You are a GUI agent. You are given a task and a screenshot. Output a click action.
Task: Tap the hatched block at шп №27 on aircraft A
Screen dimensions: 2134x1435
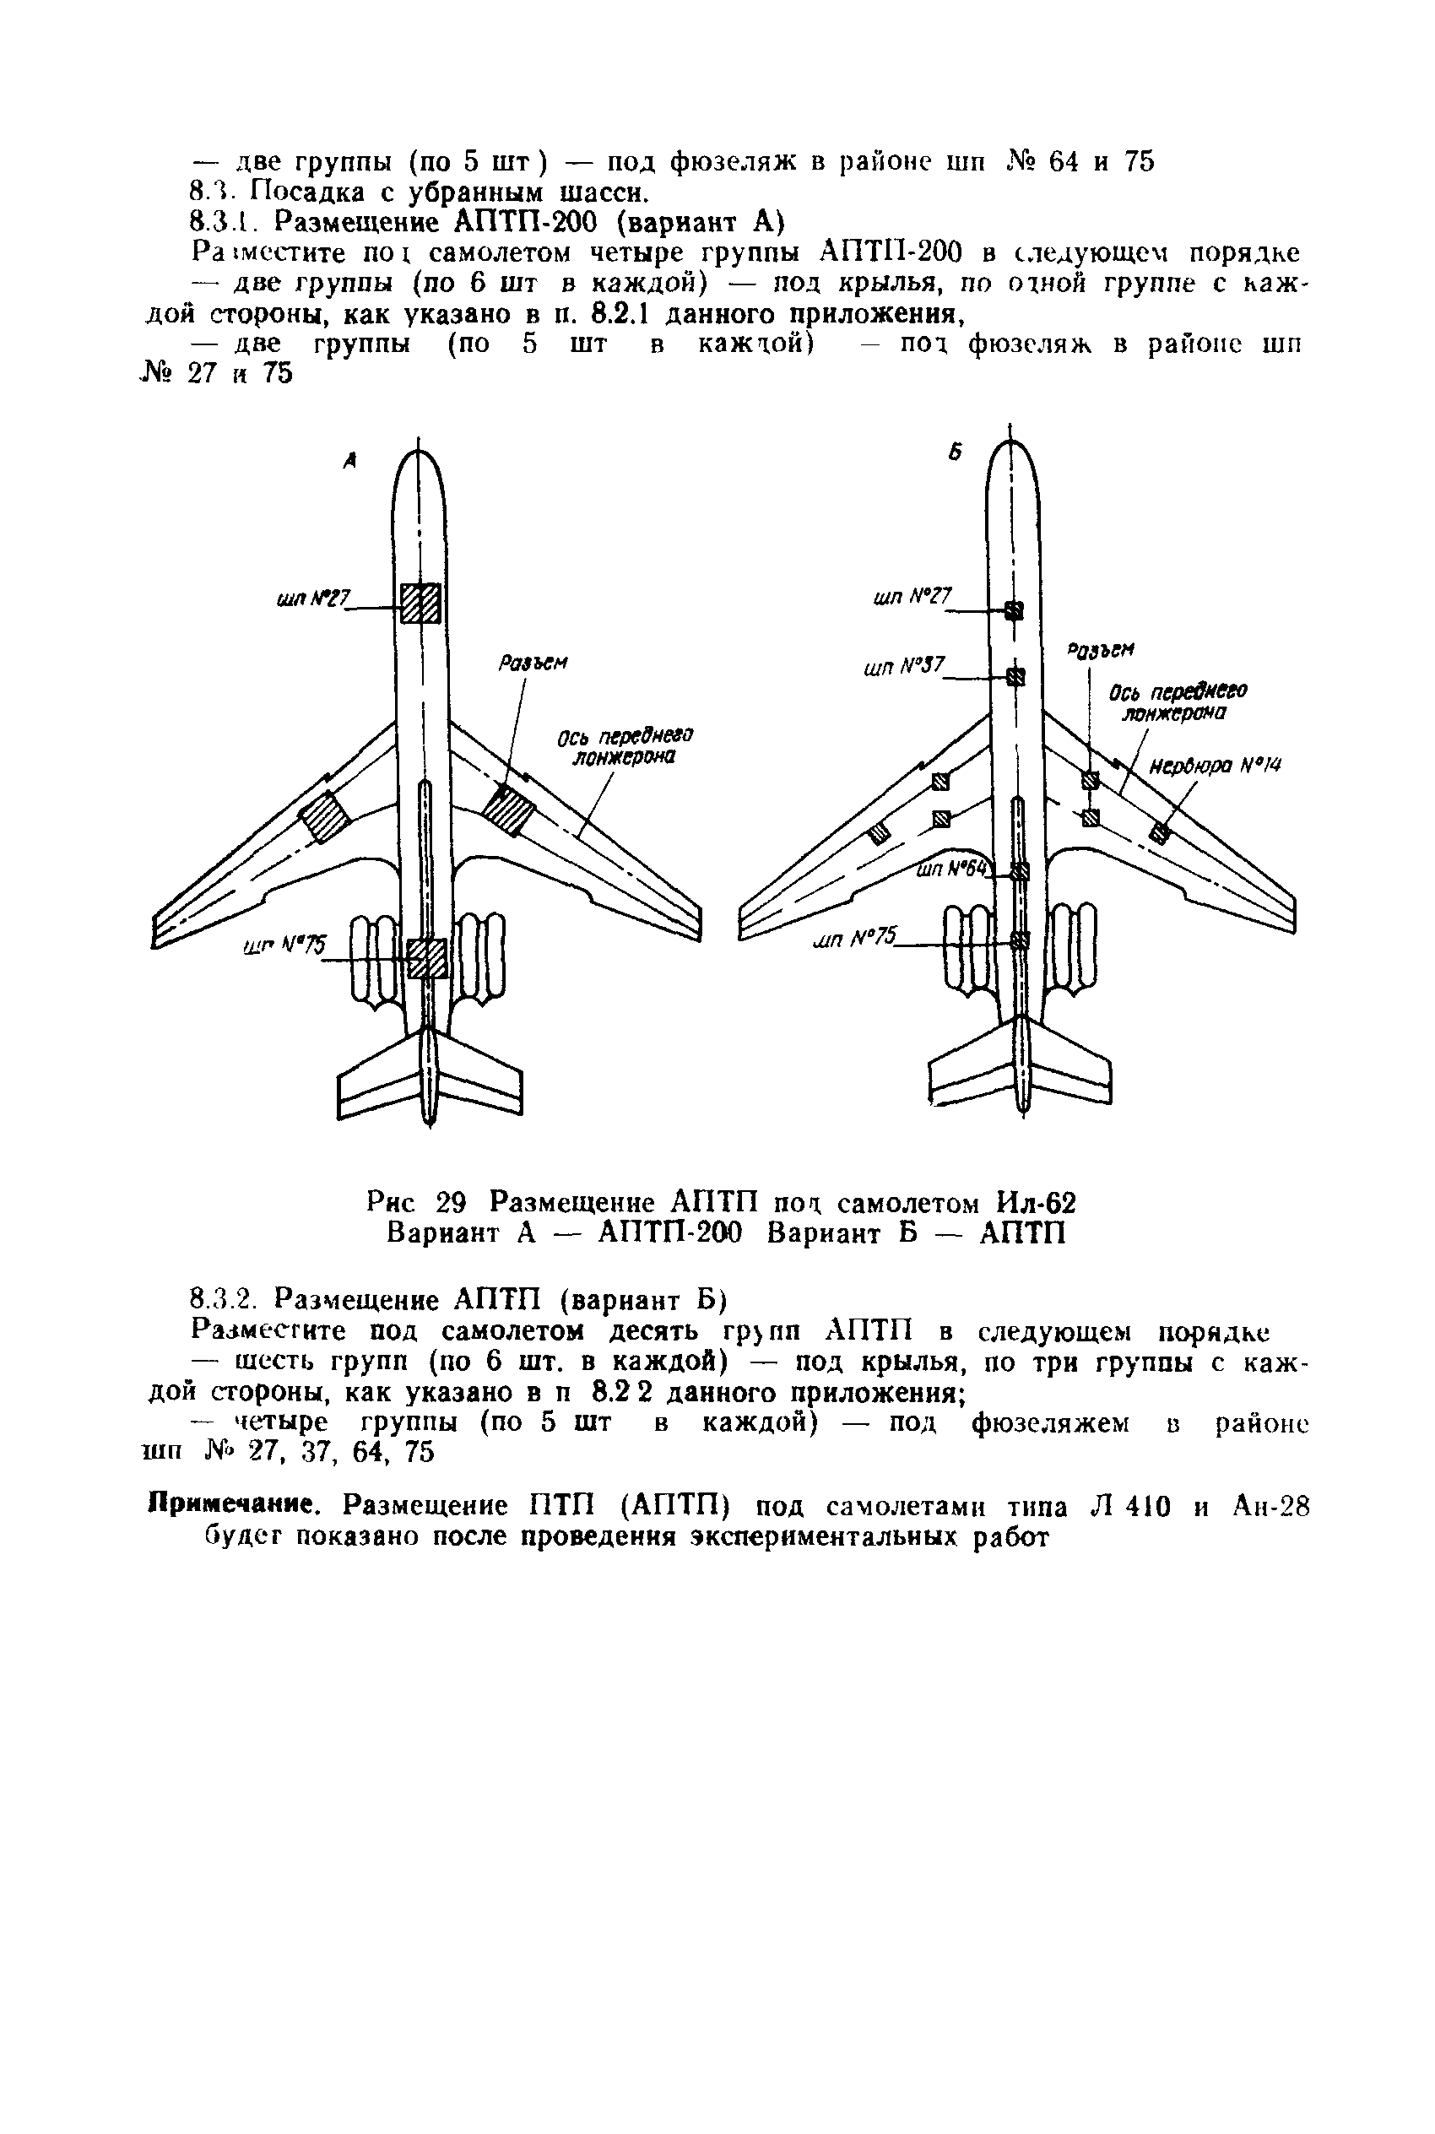[x=421, y=603]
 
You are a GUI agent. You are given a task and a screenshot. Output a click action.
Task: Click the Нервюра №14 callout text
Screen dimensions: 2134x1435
[x=1215, y=765]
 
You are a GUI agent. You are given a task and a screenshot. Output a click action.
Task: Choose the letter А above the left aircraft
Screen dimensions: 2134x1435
[x=349, y=463]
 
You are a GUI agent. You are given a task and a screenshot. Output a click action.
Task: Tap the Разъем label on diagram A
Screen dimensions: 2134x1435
[x=533, y=663]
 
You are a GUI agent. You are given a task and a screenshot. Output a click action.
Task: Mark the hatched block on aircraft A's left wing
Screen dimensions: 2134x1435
[x=326, y=817]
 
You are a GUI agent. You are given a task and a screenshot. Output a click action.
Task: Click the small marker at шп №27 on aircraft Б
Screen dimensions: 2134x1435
[x=1014, y=609]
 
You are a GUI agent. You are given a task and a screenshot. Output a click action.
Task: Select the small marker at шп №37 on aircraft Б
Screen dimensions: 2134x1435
[x=1015, y=676]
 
